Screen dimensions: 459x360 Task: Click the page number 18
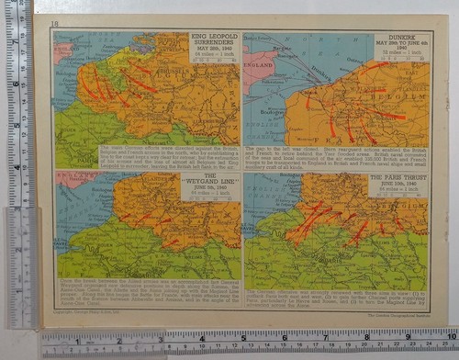[54, 22]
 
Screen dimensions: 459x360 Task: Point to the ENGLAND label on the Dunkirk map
[260, 67]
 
